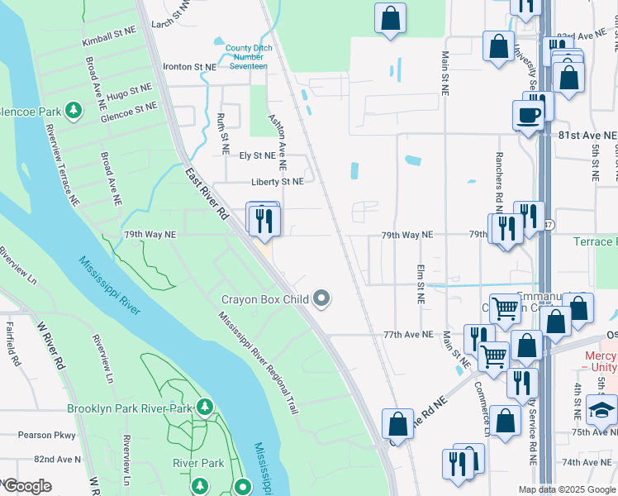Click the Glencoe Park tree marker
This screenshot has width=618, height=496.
[x=74, y=110]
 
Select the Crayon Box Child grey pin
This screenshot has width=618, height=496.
[x=323, y=298]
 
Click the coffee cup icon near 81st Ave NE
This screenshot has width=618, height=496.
[x=528, y=115]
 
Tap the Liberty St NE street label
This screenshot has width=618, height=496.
[x=278, y=181]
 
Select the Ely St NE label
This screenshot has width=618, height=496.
[x=257, y=155]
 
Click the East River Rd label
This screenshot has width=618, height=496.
[x=207, y=196]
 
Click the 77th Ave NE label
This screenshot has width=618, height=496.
[x=407, y=335]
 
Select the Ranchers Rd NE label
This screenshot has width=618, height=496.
[x=499, y=181]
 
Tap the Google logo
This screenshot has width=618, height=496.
[x=27, y=486]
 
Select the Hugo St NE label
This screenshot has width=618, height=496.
[x=129, y=89]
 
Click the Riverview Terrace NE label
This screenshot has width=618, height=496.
[x=63, y=165]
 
